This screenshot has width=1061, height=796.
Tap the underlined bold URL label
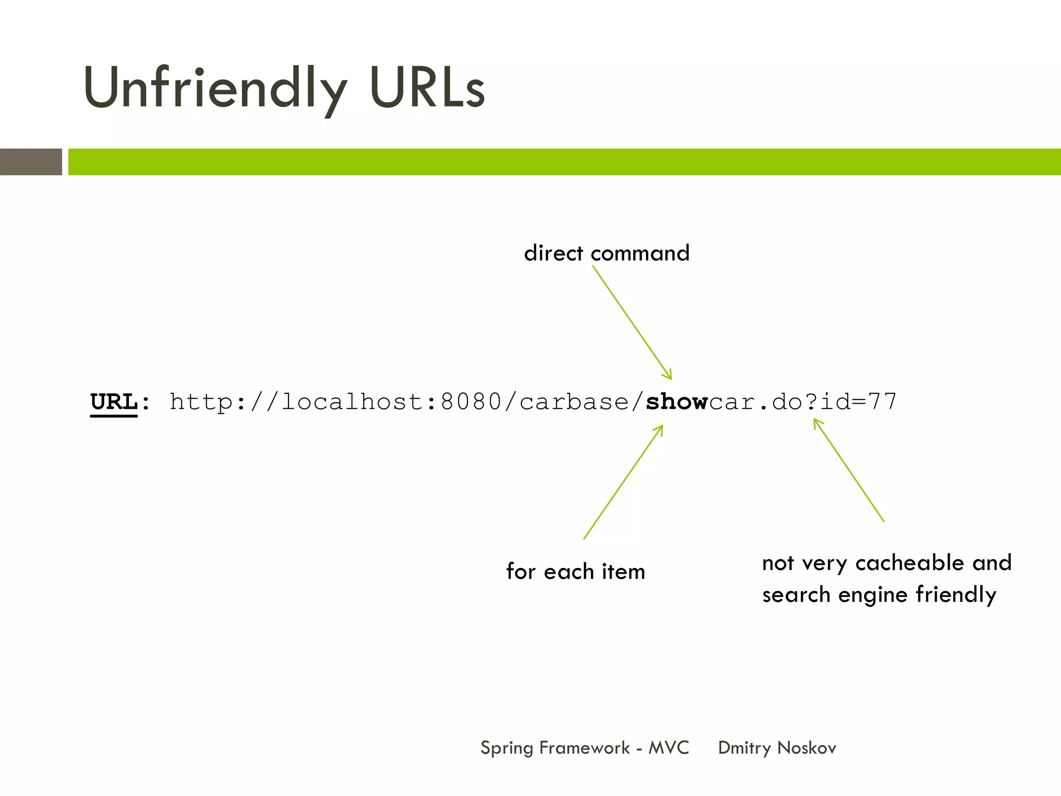point(114,402)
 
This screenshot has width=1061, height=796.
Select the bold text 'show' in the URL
point(677,402)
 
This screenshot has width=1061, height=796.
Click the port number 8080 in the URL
point(471,402)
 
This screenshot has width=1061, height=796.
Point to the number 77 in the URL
point(882,402)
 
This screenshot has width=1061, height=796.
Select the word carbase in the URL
point(574,402)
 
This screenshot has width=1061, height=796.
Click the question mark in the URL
point(811,402)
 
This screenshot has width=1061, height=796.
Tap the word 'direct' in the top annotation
point(553,253)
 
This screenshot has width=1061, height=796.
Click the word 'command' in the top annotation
point(640,253)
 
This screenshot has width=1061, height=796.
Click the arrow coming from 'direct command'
point(632,322)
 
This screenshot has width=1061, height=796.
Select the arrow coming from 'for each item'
point(623,482)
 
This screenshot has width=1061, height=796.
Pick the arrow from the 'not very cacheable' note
point(849,470)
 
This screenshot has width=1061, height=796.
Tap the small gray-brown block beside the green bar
point(31,162)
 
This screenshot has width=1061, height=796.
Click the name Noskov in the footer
point(807,748)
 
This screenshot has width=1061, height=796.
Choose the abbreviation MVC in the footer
point(669,748)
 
